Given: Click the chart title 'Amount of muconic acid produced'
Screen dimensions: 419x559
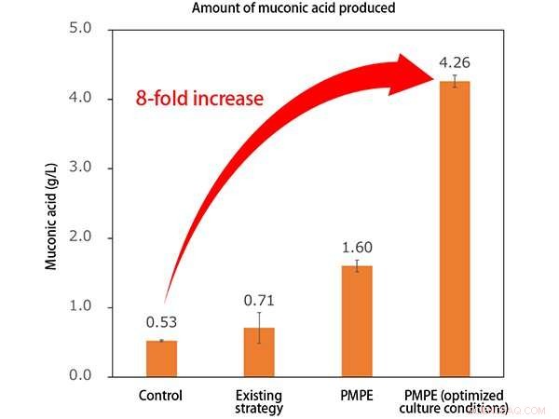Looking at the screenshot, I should (279, 8).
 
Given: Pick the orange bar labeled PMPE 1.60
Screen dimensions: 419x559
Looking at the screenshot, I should (356, 321).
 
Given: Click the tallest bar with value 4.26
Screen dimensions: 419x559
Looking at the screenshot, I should (455, 229).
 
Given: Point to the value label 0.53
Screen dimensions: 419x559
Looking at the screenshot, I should (162, 323).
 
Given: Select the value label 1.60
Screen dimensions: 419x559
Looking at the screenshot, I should (356, 250).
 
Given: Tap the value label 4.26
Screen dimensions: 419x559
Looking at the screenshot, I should (455, 64).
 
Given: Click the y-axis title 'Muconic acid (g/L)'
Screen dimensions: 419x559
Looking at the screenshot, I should (52, 202).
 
